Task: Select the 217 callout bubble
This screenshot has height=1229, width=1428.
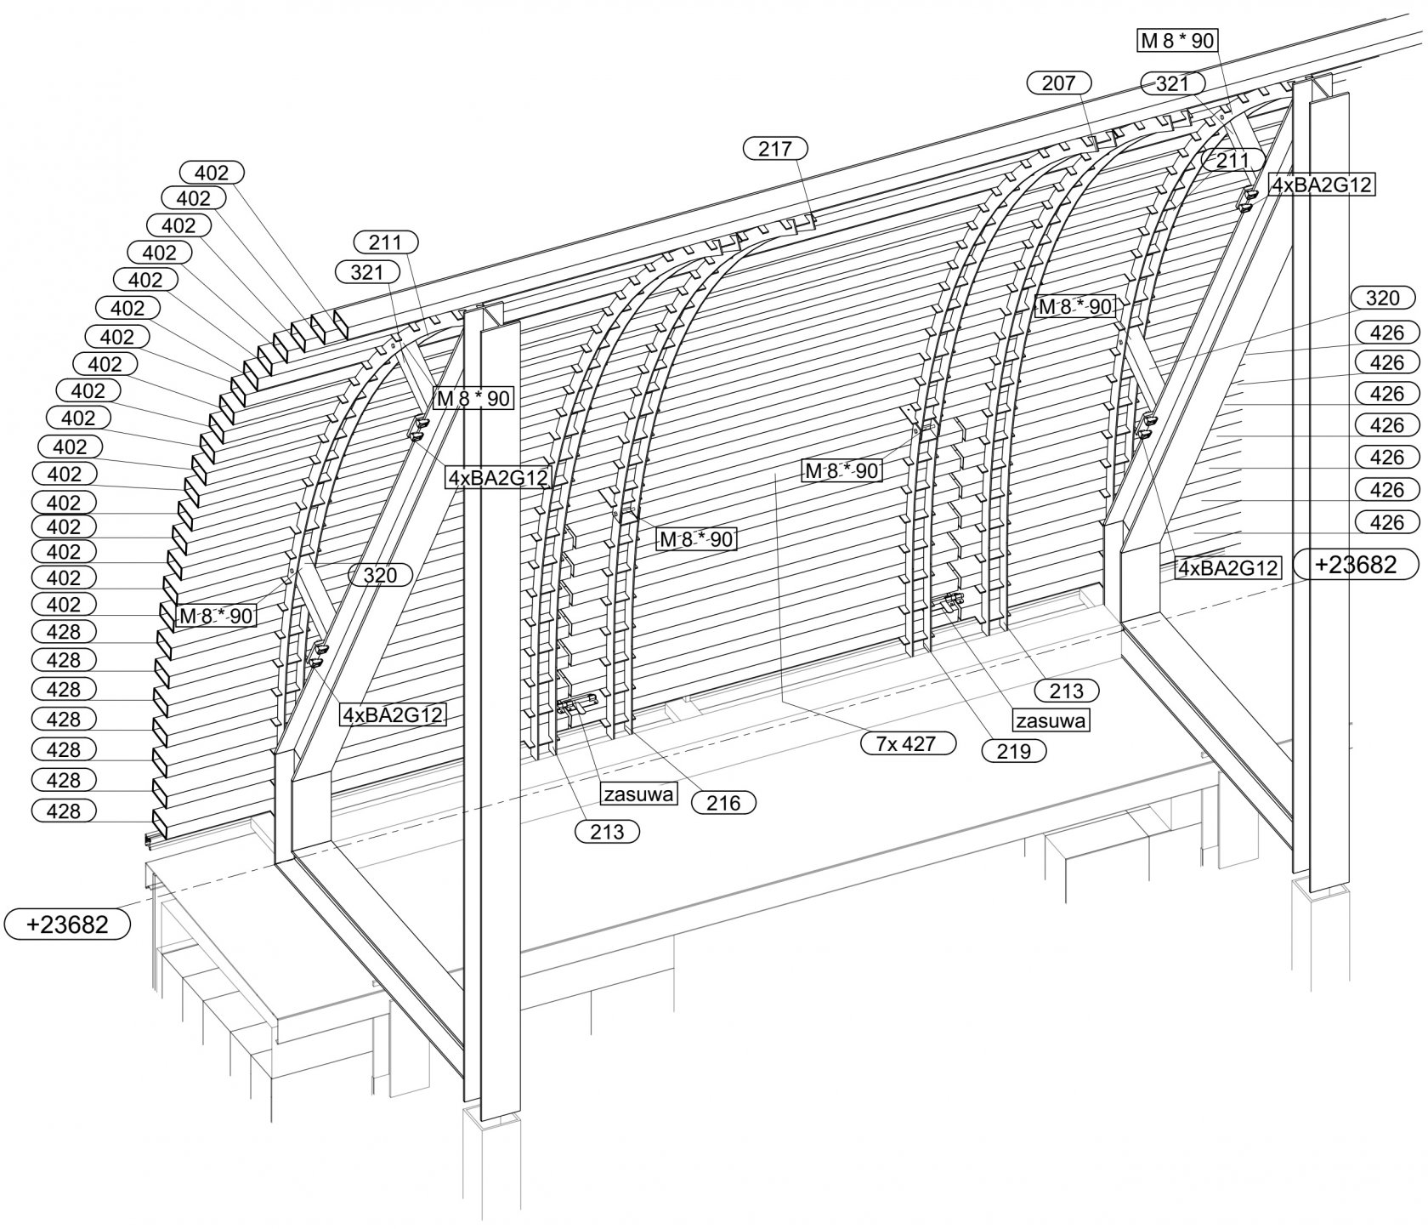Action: pyautogui.click(x=774, y=149)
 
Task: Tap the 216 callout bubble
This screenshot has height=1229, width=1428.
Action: pyautogui.click(x=723, y=802)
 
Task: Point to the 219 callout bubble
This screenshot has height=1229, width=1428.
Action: pyautogui.click(x=1013, y=751)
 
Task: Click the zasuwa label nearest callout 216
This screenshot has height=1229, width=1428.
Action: pyautogui.click(x=639, y=794)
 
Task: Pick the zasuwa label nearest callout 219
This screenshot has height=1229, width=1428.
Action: pyautogui.click(x=1051, y=720)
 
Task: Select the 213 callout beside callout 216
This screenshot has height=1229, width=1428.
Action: pyautogui.click(x=607, y=831)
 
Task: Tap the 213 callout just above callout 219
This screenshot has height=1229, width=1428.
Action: pyautogui.click(x=1067, y=690)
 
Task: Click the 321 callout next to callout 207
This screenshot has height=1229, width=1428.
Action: pyautogui.click(x=1172, y=83)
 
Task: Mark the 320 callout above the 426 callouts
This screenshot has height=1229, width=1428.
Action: pyautogui.click(x=1382, y=298)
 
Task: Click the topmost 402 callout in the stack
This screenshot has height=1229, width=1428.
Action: pyautogui.click(x=212, y=173)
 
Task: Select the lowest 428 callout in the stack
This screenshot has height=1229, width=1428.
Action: pyautogui.click(x=64, y=811)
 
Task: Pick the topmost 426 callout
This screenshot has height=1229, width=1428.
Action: pyautogui.click(x=1387, y=332)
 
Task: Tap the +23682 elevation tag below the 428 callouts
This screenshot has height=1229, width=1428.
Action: pyautogui.click(x=68, y=924)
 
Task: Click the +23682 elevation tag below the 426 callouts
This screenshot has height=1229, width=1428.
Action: pyautogui.click(x=1357, y=565)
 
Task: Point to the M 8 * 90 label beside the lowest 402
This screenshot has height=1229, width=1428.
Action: pyautogui.click(x=215, y=616)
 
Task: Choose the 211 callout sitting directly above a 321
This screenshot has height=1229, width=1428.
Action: pyautogui.click(x=385, y=242)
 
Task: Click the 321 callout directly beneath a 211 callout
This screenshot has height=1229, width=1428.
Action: pyautogui.click(x=367, y=272)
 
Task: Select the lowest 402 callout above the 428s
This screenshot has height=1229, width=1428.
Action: pyautogui.click(x=64, y=604)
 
